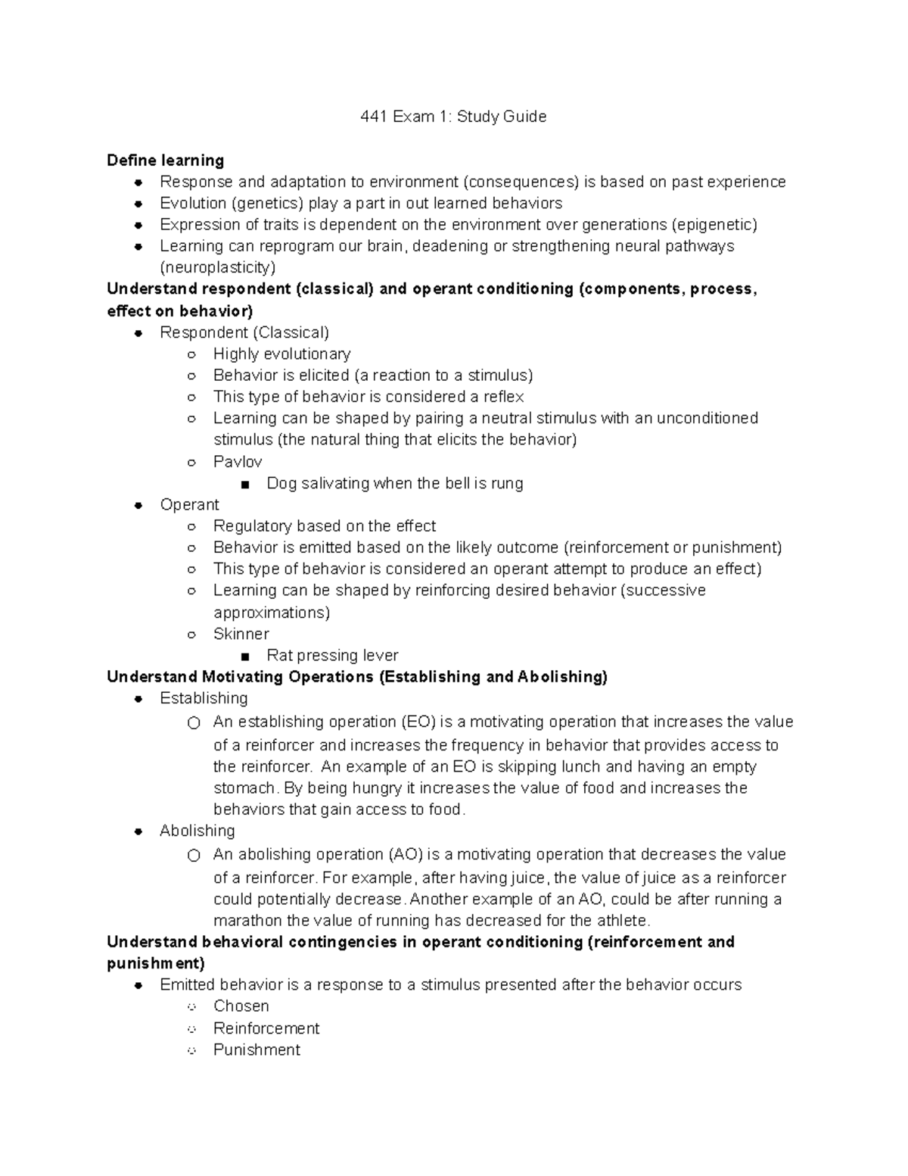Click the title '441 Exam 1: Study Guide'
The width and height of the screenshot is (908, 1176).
point(453,117)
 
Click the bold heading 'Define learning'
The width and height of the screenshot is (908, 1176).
point(165,161)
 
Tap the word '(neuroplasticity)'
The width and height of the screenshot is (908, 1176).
point(218,267)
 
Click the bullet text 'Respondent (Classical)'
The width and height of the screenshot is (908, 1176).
point(244,332)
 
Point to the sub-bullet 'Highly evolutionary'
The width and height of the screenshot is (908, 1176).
point(281,354)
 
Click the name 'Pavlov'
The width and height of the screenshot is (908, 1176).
point(238,462)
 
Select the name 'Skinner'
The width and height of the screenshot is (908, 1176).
point(241,634)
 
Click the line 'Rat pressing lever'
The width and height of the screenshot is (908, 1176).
point(332,656)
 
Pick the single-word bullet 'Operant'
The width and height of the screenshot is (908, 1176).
point(189,505)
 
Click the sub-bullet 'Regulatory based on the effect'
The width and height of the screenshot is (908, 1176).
point(325,526)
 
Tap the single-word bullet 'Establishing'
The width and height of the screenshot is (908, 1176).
point(204,698)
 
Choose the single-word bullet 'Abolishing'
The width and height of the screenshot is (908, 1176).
point(197,831)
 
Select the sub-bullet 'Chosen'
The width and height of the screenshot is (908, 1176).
point(241,1006)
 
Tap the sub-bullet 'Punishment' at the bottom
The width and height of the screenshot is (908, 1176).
point(257,1050)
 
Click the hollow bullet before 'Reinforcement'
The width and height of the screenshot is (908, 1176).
point(192,1029)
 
